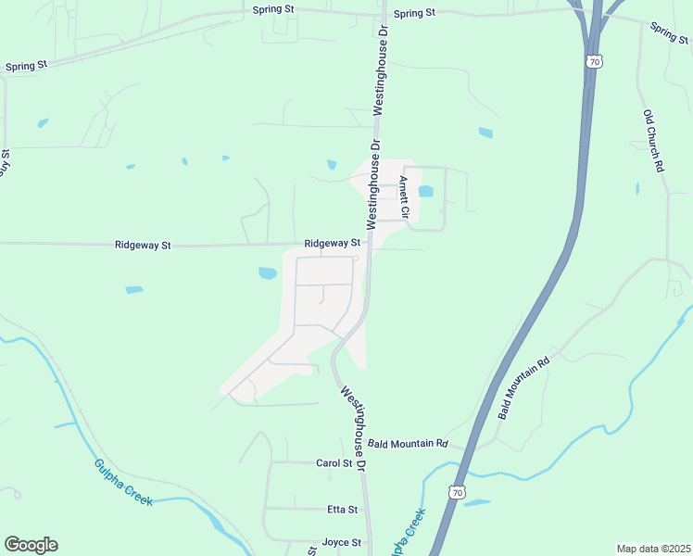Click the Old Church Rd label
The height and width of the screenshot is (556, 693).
pyautogui.click(x=655, y=141)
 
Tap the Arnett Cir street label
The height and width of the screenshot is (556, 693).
pyautogui.click(x=404, y=196)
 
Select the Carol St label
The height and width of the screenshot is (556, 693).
pyautogui.click(x=334, y=463)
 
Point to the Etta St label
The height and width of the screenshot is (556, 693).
pyautogui.click(x=342, y=510)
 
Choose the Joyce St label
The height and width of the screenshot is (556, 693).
pyautogui.click(x=341, y=542)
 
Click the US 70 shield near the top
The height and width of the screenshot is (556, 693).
pyautogui.click(x=594, y=61)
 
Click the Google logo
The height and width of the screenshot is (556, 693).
pyautogui.click(x=31, y=545)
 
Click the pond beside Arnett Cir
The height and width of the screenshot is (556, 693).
pyautogui.click(x=426, y=192)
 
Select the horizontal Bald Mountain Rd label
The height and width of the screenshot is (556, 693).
pyautogui.click(x=408, y=444)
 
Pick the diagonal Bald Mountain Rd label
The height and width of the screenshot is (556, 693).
pyautogui.click(x=523, y=388)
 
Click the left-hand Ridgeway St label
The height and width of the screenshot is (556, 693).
pyautogui.click(x=143, y=246)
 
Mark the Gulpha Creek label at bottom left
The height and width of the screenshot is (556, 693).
pyautogui.click(x=122, y=482)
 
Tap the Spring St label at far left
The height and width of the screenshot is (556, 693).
pyautogui.click(x=26, y=67)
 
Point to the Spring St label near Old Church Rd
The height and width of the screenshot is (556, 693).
pyautogui.click(x=669, y=32)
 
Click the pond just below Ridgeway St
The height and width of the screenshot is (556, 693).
pyautogui.click(x=267, y=273)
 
